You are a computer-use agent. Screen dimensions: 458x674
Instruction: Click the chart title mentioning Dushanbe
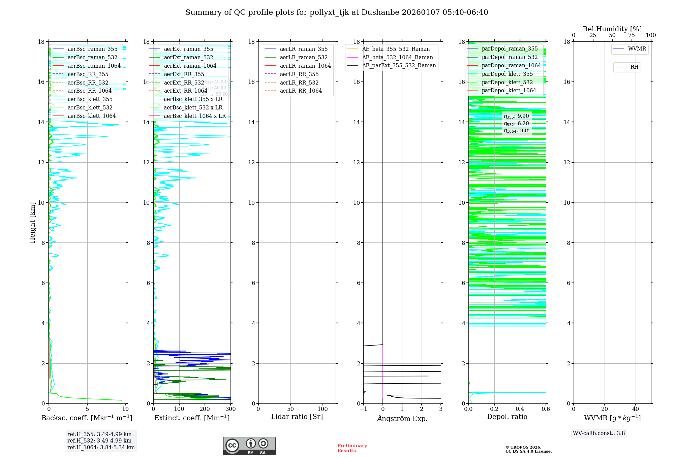(337, 12)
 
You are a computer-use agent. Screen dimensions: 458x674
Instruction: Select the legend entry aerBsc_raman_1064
(94, 66)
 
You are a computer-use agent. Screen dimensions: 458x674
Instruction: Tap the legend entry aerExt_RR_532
(184, 83)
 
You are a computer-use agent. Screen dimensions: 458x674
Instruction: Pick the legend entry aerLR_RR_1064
(301, 91)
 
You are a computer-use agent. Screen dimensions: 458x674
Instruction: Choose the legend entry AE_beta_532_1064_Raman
(397, 57)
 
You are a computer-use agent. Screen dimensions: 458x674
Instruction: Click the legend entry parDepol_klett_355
(507, 74)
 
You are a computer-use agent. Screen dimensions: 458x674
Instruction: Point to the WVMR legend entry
(637, 49)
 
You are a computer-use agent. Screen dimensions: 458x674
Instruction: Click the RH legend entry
(634, 67)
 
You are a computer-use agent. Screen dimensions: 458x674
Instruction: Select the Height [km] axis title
(32, 223)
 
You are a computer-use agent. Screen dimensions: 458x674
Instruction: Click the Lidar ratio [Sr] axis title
(297, 417)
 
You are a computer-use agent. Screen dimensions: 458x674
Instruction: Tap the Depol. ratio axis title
(507, 417)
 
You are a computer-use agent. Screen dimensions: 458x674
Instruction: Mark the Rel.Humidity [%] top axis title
(612, 29)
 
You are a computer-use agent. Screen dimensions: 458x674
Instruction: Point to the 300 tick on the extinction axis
(231, 409)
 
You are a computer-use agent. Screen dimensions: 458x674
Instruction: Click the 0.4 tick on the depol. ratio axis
(520, 409)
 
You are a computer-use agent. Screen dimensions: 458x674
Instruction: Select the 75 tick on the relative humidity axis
(632, 35)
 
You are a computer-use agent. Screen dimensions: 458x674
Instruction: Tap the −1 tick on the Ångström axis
(363, 409)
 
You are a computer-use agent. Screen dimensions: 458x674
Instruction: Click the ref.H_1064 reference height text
(101, 447)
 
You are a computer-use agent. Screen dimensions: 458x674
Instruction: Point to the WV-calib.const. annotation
(599, 433)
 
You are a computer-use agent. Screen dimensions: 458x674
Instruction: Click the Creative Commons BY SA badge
(249, 446)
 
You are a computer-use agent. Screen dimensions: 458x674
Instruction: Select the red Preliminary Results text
(352, 448)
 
